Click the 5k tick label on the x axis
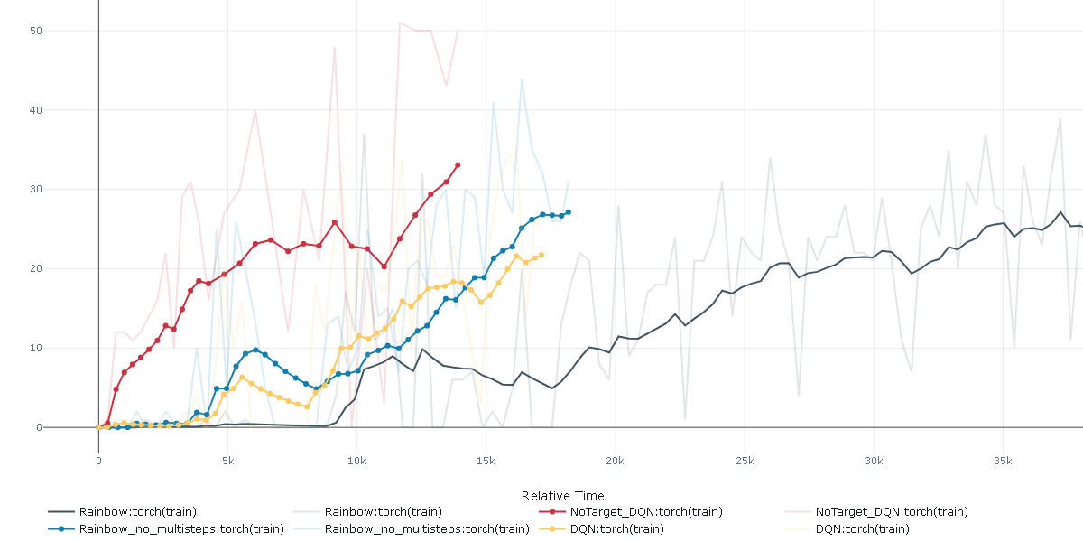(227, 461)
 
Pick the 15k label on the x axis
(486, 461)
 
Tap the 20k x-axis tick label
(615, 461)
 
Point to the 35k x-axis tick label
(1002, 461)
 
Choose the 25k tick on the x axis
(744, 461)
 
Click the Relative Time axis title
(562, 496)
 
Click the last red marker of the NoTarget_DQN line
(458, 165)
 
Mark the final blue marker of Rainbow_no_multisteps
(568, 212)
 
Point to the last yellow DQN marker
(541, 255)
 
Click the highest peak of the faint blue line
(522, 79)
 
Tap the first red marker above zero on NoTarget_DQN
(107, 423)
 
